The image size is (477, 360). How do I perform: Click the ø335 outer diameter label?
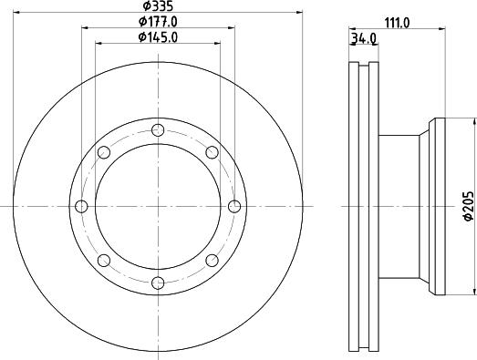click(158, 6)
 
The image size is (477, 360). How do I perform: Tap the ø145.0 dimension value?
click(158, 37)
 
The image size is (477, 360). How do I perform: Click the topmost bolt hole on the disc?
click(158, 129)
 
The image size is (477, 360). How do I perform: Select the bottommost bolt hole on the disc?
click(158, 283)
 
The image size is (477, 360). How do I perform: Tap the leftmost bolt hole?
click(81, 206)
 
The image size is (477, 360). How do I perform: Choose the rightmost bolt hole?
click(234, 206)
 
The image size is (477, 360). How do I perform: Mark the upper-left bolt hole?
click(103, 151)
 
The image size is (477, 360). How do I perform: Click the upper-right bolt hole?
click(212, 151)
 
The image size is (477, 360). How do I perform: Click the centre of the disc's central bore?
click(158, 206)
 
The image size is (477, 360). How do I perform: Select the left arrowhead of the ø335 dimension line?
click(18, 13)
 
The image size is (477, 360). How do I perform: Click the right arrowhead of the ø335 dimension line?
click(297, 13)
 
